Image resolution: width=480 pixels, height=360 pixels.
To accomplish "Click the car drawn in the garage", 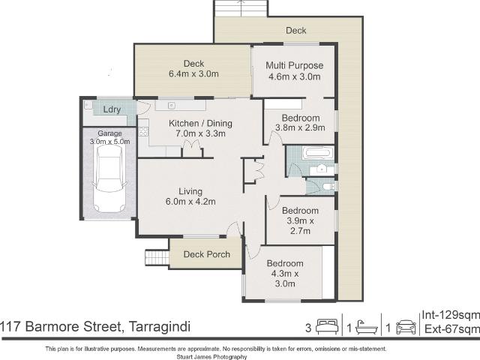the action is coord(109,178).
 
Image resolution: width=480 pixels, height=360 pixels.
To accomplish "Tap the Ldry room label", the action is coord(112,109).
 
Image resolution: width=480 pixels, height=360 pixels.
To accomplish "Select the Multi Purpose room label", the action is coord(295,65).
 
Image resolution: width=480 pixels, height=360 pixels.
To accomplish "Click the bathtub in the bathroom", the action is coord(317,152).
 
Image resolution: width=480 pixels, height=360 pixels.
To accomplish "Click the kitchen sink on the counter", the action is coord(172,106).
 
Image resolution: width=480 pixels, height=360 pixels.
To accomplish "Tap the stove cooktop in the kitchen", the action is coord(143,132).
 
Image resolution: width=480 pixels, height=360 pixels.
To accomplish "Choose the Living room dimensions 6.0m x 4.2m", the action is coord(190,202).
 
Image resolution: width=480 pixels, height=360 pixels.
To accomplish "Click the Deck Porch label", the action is coord(207,254).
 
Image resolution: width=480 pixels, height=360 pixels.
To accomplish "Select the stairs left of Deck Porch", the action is coord(157,258).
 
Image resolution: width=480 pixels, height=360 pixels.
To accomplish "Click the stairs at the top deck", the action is coord(241,8).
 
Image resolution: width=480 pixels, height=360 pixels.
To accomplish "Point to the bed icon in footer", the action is coord(327,327).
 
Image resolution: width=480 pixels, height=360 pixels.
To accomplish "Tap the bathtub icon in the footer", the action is coord(367,327).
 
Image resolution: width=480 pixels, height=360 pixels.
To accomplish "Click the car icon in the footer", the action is coord(406,327).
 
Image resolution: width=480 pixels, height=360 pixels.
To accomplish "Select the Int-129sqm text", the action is coord(451,315).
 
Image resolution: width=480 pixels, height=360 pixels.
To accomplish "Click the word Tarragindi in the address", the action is coord(160,326).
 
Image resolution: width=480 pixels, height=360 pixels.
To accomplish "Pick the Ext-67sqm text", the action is coord(451,328).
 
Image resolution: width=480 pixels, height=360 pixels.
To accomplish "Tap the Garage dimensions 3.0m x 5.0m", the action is coord(109,142).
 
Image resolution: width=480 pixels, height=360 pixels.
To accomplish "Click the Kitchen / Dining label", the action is coord(200,123).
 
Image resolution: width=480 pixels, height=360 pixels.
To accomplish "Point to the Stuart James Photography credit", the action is coord(211,357).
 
